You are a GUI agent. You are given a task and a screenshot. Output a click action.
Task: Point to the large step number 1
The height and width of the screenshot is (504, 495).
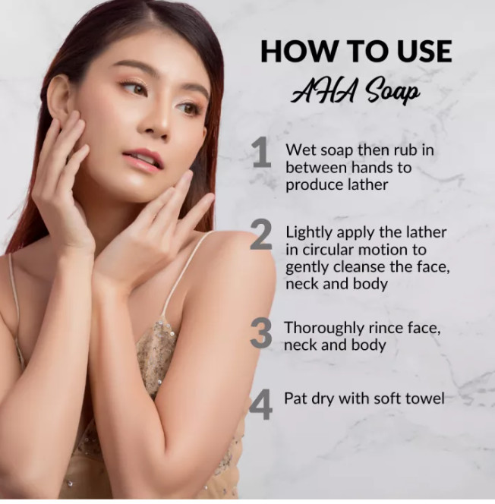coord(262,152)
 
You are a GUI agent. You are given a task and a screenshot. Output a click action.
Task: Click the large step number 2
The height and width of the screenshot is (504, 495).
coord(261,234)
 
